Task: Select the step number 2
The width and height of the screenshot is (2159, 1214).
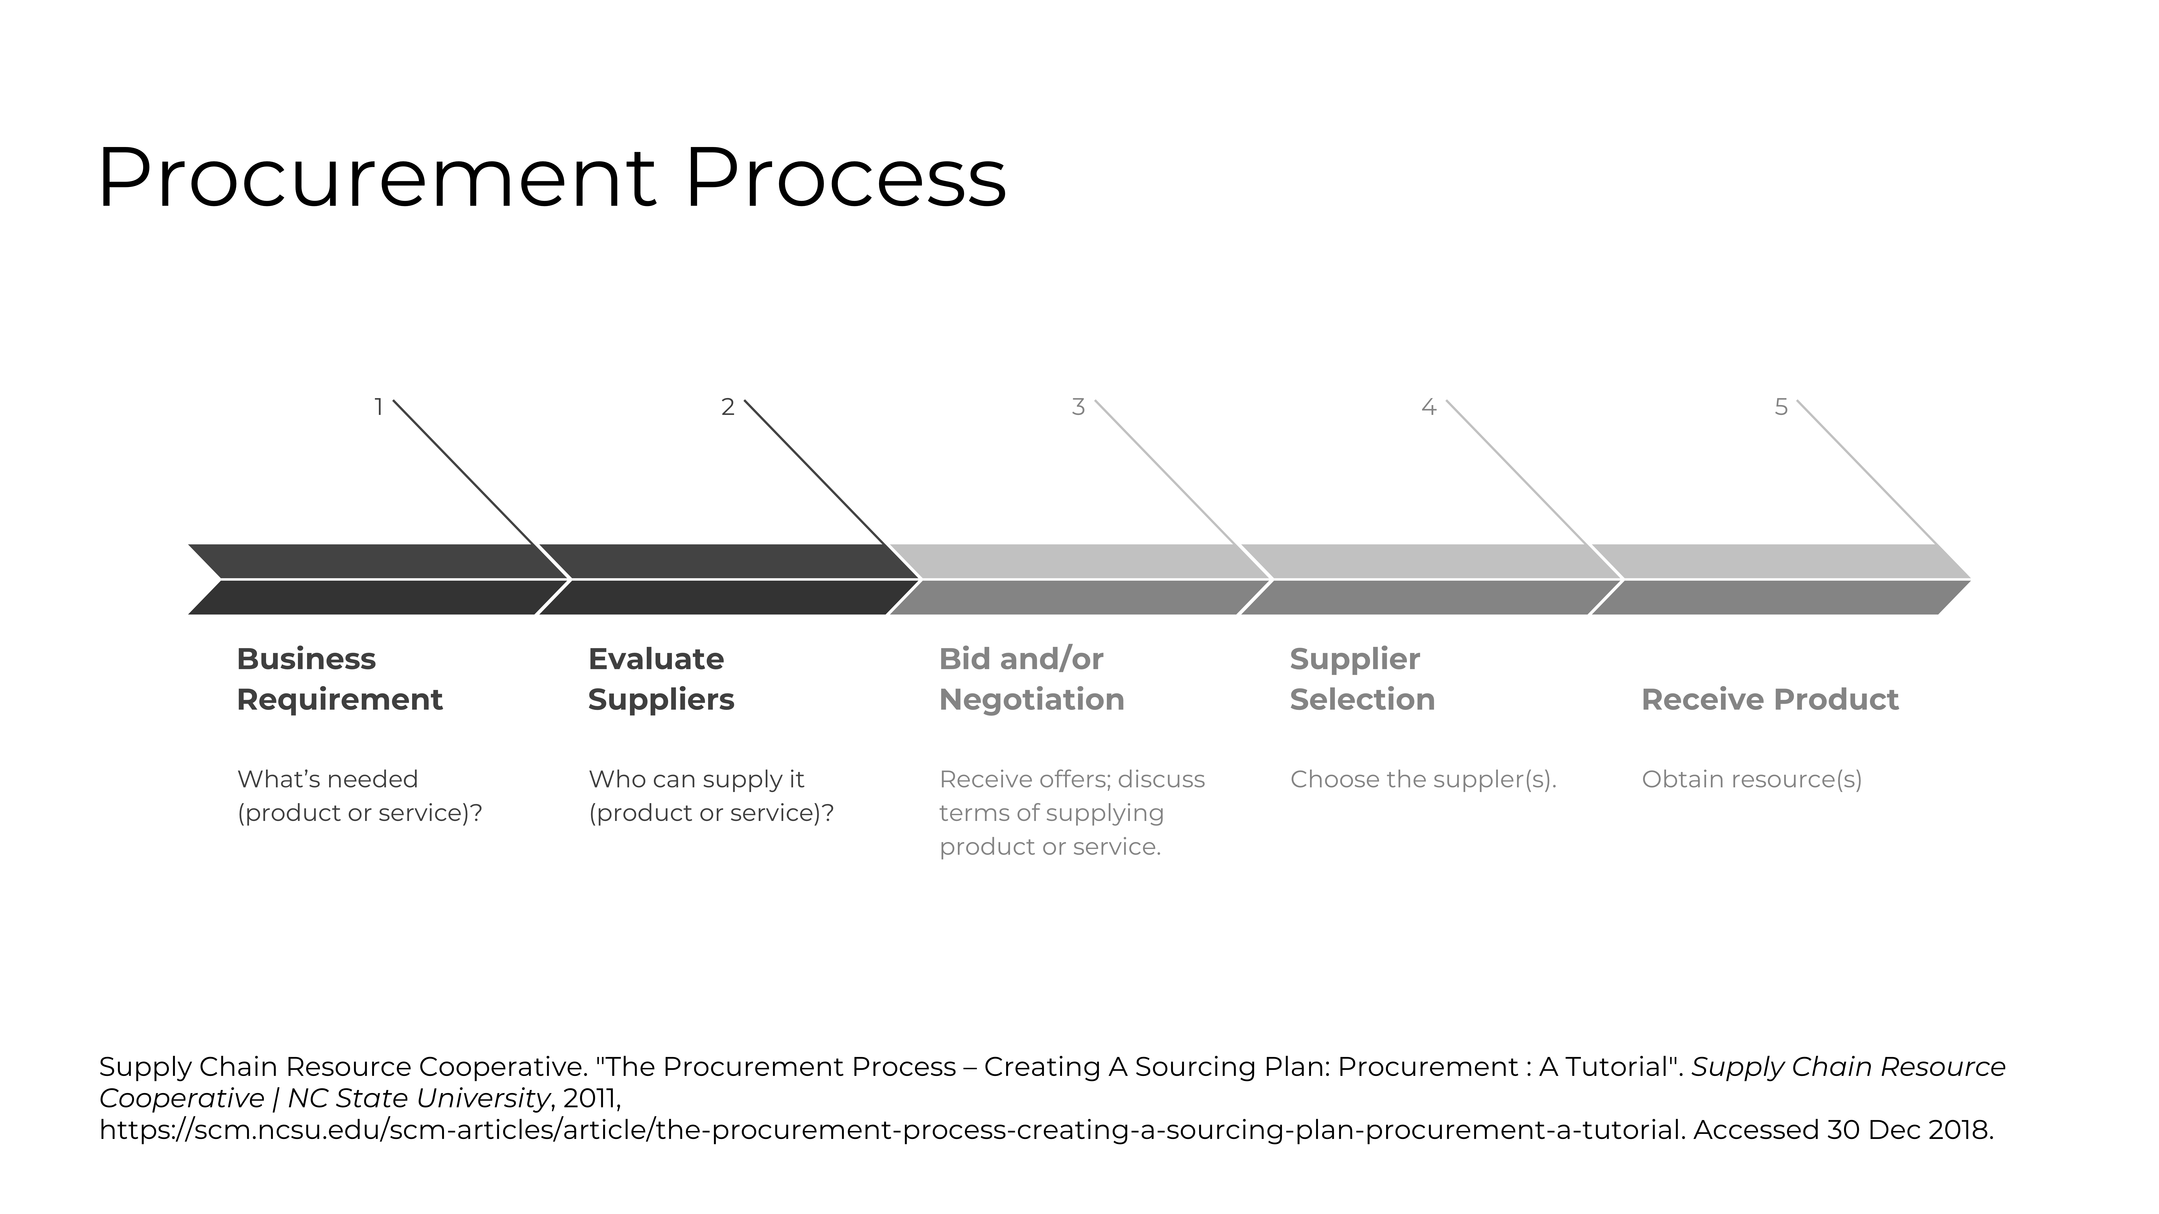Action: (x=728, y=407)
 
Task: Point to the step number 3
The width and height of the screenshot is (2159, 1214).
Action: (x=1079, y=407)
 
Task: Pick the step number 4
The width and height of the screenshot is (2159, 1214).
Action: (x=1429, y=407)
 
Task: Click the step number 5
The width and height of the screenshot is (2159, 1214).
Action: (x=1781, y=407)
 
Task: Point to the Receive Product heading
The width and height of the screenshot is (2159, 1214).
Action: (x=1769, y=700)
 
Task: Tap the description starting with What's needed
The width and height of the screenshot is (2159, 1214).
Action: (x=360, y=796)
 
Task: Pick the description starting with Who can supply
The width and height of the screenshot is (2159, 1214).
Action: (x=711, y=796)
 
